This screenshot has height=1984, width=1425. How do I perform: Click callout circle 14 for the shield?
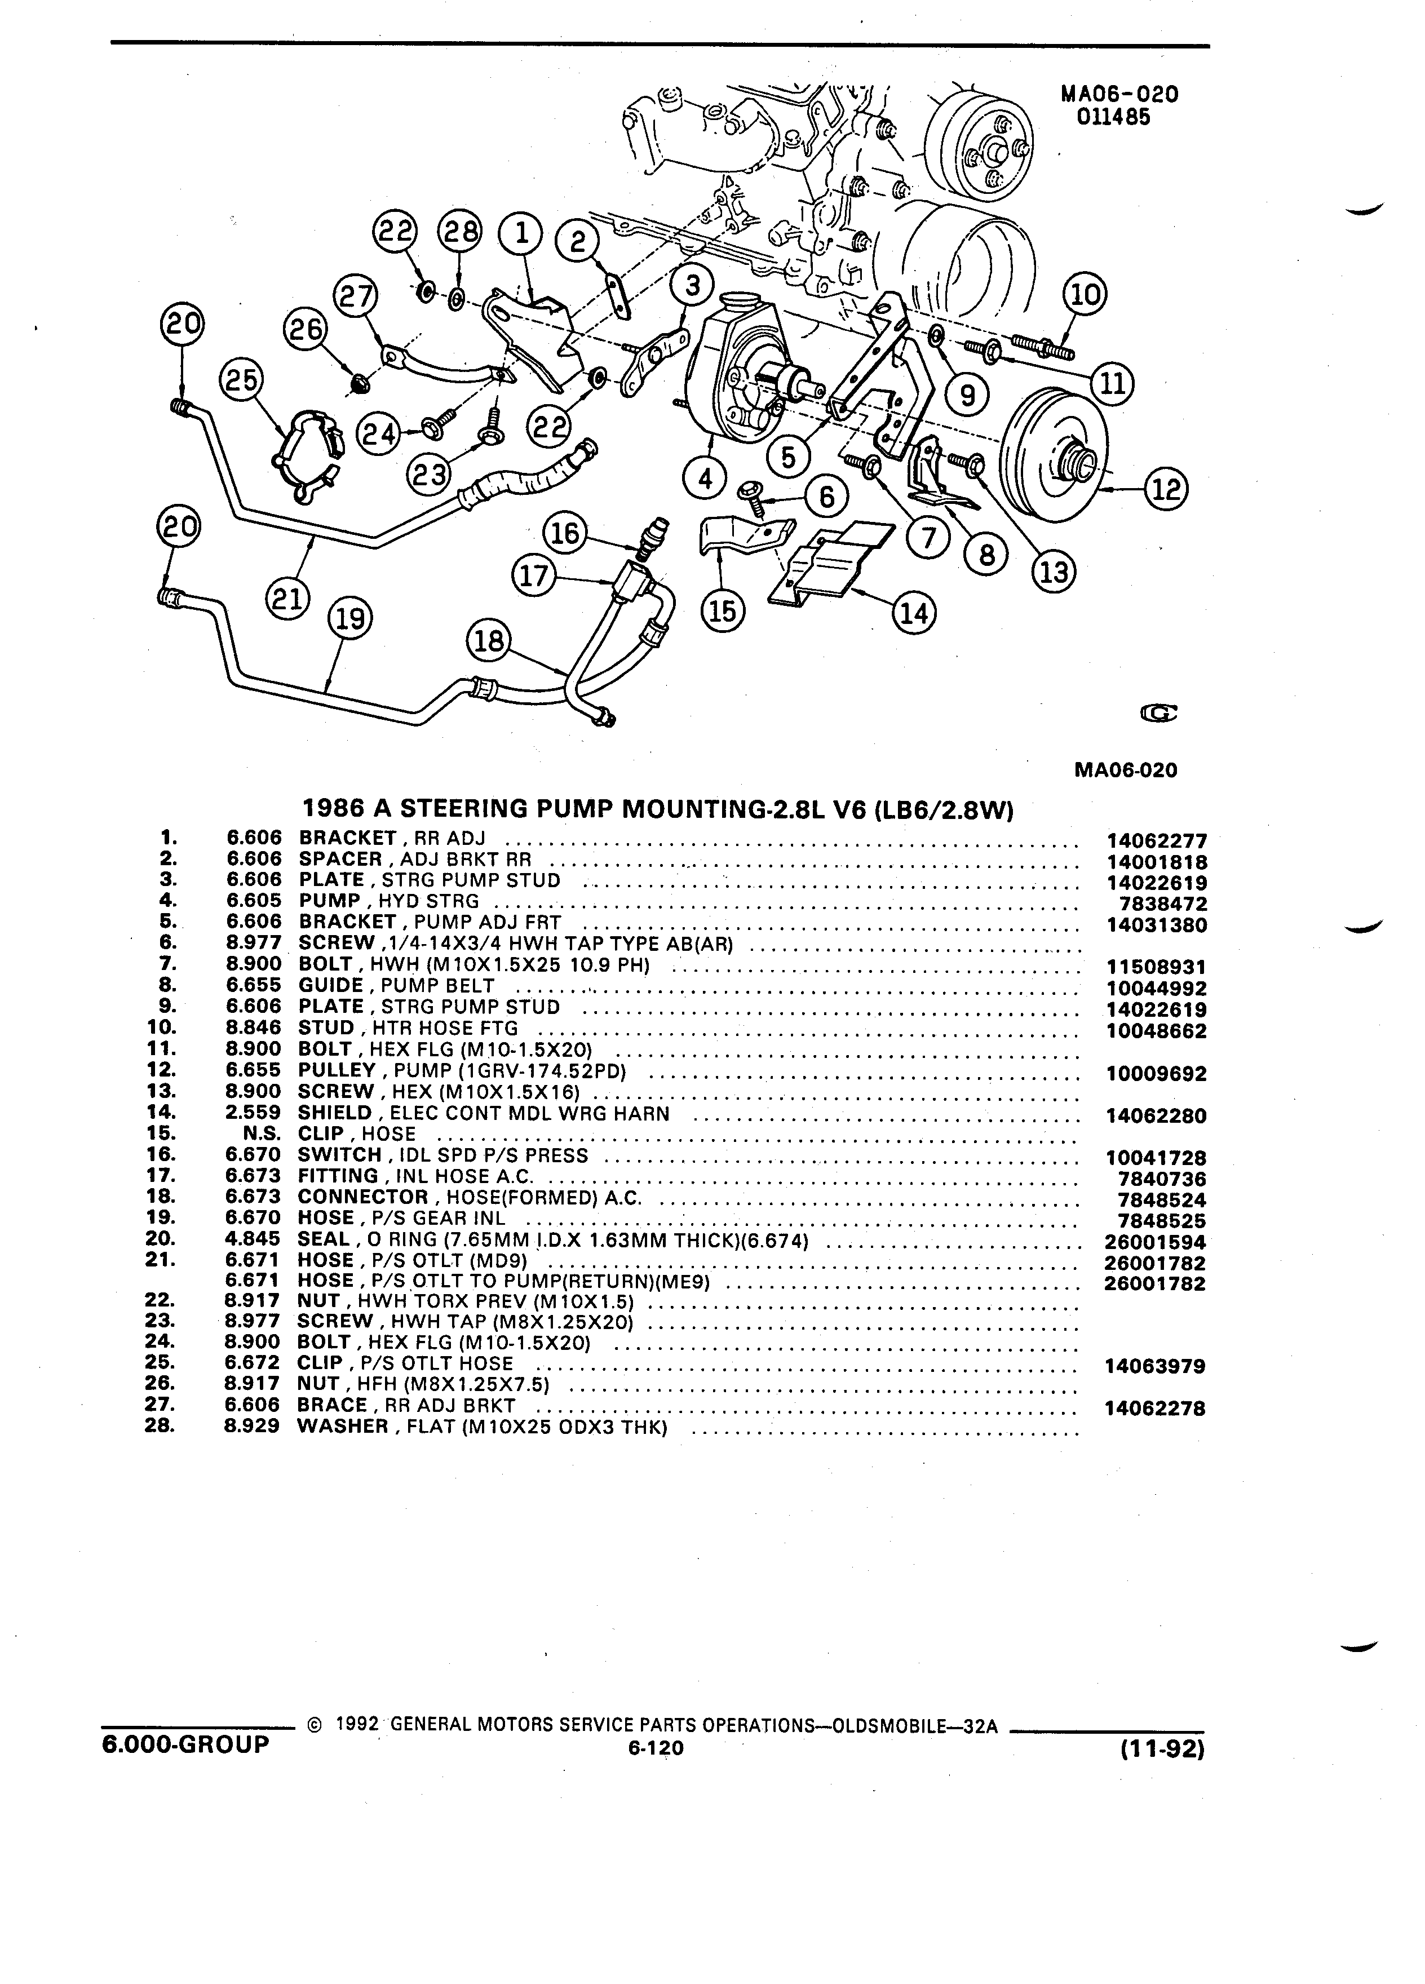tap(913, 613)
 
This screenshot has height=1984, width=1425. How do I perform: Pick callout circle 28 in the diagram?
tap(460, 233)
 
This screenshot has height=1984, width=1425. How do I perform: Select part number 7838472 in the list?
tap(1162, 904)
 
